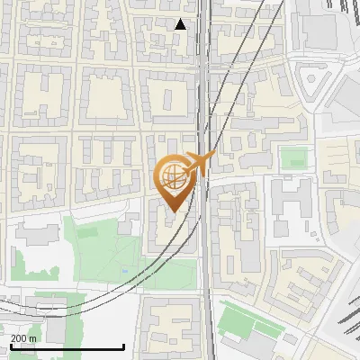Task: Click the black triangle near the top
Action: [x=181, y=24]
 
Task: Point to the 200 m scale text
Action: [x=23, y=338]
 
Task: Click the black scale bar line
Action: [x=67, y=346]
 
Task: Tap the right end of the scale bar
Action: [x=123, y=346]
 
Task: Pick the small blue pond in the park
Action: [x=122, y=270]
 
